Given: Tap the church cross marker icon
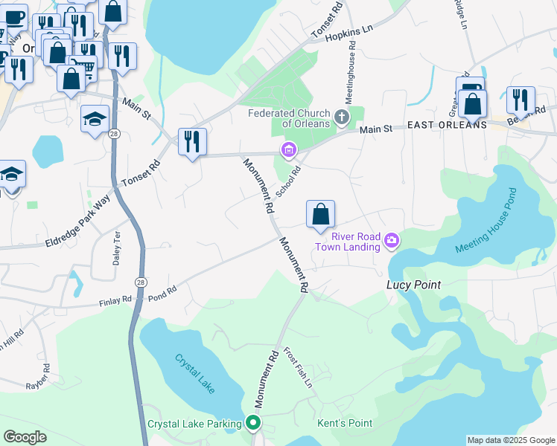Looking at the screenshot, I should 342,117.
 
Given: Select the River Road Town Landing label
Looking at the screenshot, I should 351,242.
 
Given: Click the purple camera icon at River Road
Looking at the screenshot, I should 392,239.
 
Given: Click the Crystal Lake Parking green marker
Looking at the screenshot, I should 253,424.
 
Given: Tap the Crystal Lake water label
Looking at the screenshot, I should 195,372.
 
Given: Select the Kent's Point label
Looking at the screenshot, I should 345,424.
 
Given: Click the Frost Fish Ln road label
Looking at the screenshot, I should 298,366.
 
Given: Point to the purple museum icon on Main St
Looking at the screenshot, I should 288,151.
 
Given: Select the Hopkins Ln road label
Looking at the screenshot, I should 352,33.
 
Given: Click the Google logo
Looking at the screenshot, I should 25,437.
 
